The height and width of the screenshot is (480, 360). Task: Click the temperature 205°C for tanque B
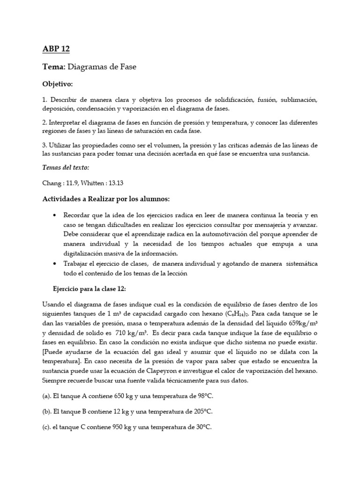[200, 412]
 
